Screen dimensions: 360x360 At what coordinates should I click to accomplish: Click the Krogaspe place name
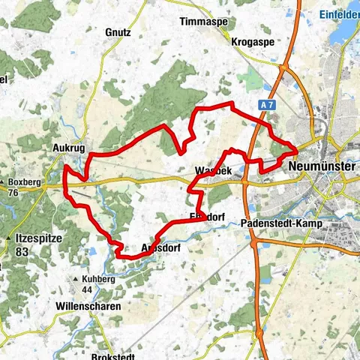(250, 40)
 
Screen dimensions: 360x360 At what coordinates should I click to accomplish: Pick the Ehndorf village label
(208, 217)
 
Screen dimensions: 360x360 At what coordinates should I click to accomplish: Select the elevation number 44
(87, 289)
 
